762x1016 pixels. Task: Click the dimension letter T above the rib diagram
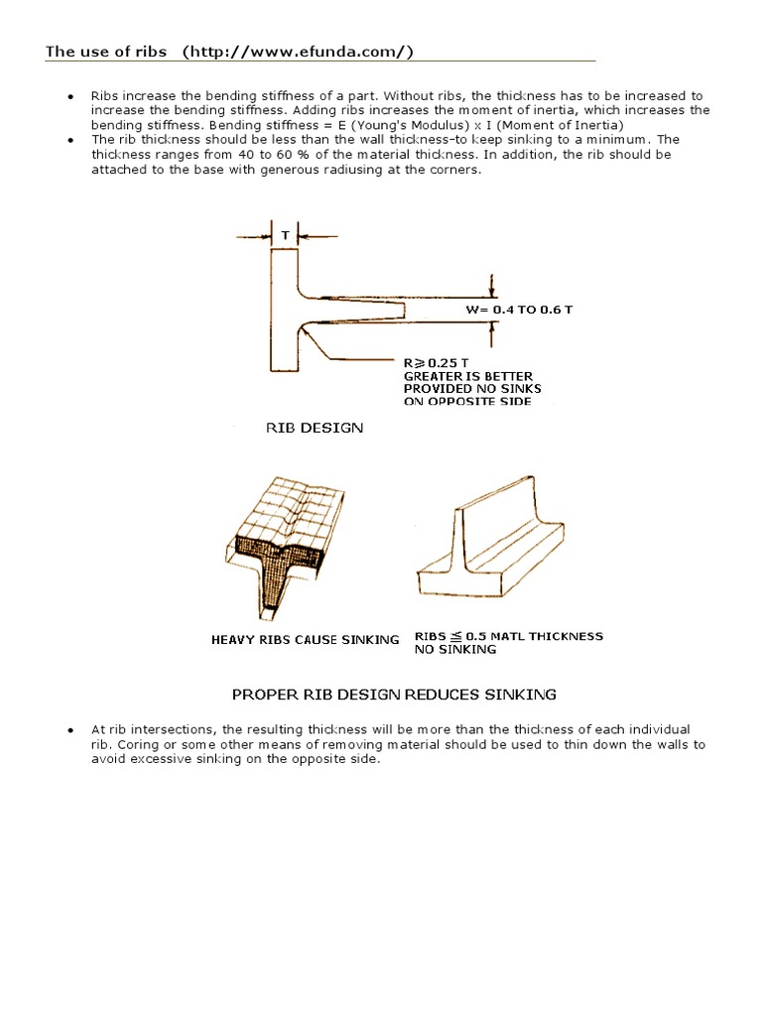[285, 236]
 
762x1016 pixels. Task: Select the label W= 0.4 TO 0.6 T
[519, 310]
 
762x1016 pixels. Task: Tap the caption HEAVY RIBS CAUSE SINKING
[305, 640]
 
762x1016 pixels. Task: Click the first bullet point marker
[70, 97]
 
